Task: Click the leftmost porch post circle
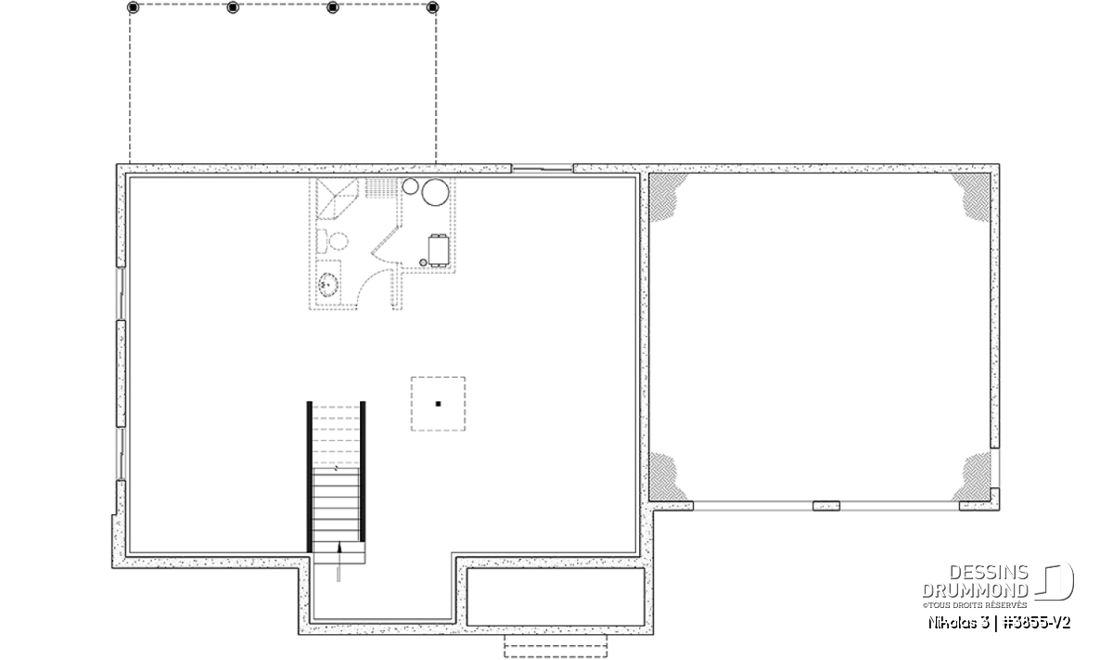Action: (x=133, y=7)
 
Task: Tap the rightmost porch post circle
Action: (x=432, y=7)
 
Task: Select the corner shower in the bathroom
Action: (x=337, y=199)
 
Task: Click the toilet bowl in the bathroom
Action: (x=339, y=241)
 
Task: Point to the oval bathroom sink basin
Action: (x=328, y=285)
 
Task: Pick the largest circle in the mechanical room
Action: (x=435, y=192)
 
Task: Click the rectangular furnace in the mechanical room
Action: (x=439, y=251)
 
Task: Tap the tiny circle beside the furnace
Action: (x=423, y=262)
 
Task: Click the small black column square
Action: (x=438, y=404)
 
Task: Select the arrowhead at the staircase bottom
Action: (x=339, y=548)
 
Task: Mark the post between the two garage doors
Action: (x=825, y=506)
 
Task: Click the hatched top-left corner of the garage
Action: (x=666, y=196)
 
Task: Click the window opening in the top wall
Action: (x=542, y=169)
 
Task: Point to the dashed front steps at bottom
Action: (x=556, y=646)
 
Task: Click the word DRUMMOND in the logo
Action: (x=975, y=590)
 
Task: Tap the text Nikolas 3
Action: (x=958, y=623)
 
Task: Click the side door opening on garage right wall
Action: (x=994, y=468)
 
